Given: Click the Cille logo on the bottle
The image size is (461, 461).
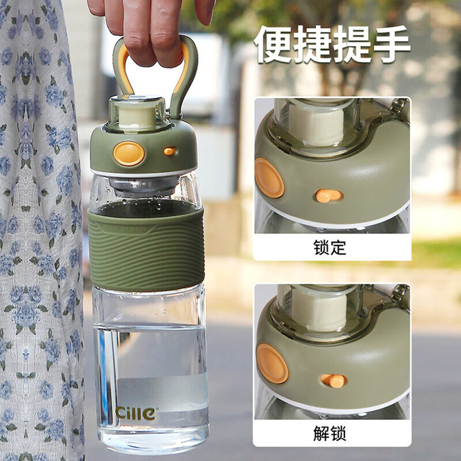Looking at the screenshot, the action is tap(135, 413).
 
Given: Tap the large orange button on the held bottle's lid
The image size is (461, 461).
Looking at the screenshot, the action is tap(129, 153).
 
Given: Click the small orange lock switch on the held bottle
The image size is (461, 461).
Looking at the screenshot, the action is tap(169, 151).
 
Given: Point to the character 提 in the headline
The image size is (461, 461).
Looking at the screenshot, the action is tap(352, 44).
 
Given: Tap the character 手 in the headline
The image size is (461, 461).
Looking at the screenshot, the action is tap(391, 44).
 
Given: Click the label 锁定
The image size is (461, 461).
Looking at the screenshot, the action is tap(330, 248).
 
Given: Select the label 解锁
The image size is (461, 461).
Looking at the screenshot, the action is tap(330, 433).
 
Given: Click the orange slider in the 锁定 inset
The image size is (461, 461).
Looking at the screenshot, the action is tap(328, 196).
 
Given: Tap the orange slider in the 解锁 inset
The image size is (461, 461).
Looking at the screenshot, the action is tap(334, 381).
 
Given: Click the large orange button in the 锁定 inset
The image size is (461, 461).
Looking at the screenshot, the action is tap(269, 178).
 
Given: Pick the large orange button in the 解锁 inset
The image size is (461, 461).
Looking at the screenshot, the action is tap(272, 363).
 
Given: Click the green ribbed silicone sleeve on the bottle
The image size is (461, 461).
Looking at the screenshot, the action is tap(146, 250).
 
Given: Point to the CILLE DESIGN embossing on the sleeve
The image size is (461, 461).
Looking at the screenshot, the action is tap(125, 228).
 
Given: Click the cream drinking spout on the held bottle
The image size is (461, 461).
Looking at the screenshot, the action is tap(137, 116).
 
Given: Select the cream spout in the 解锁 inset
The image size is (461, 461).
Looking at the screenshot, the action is tap(319, 312).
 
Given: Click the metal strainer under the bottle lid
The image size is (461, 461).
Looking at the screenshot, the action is tap(144, 185).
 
